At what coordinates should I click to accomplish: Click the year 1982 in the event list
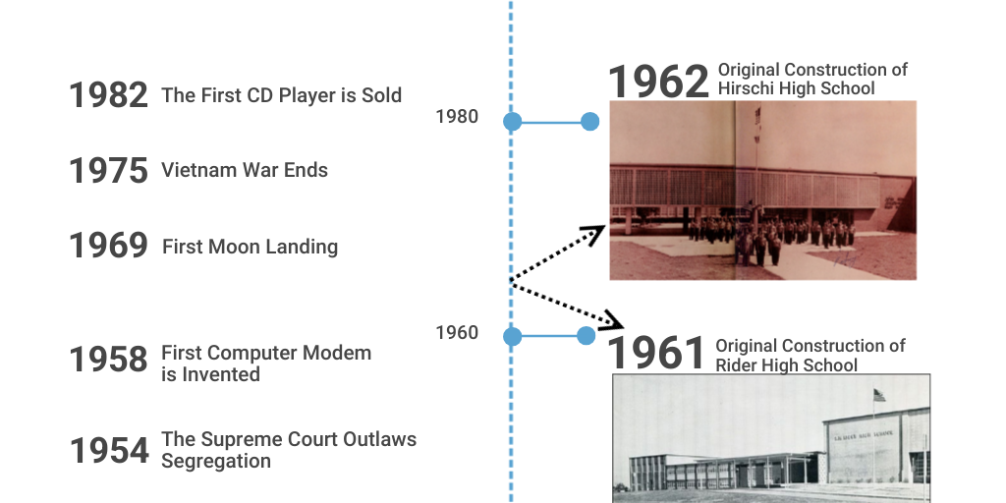pyautogui.click(x=108, y=95)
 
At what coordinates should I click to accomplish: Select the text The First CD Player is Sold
pyautogui.click(x=281, y=95)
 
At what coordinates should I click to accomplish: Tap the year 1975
pyautogui.click(x=108, y=170)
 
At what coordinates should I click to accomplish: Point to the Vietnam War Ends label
pyautogui.click(x=245, y=170)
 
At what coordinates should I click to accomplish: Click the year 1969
pyautogui.click(x=108, y=245)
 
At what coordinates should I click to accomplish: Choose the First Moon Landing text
pyautogui.click(x=250, y=246)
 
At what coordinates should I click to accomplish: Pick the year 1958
pyautogui.click(x=108, y=359)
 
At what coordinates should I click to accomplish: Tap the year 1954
pyautogui.click(x=108, y=450)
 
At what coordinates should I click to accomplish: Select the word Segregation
pyautogui.click(x=216, y=461)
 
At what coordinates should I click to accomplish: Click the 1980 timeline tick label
pyautogui.click(x=457, y=117)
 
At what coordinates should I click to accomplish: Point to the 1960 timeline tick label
pyautogui.click(x=457, y=333)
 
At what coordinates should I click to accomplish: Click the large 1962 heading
pyautogui.click(x=658, y=83)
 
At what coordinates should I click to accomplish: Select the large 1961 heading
pyautogui.click(x=656, y=354)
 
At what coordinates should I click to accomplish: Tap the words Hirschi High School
pyautogui.click(x=797, y=88)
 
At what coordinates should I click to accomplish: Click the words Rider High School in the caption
pyautogui.click(x=787, y=365)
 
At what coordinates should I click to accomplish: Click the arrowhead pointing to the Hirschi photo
pyautogui.click(x=594, y=232)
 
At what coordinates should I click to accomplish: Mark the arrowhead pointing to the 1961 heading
pyautogui.click(x=613, y=321)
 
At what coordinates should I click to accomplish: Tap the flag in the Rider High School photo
pyautogui.click(x=878, y=394)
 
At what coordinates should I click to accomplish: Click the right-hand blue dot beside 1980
pyautogui.click(x=589, y=122)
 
